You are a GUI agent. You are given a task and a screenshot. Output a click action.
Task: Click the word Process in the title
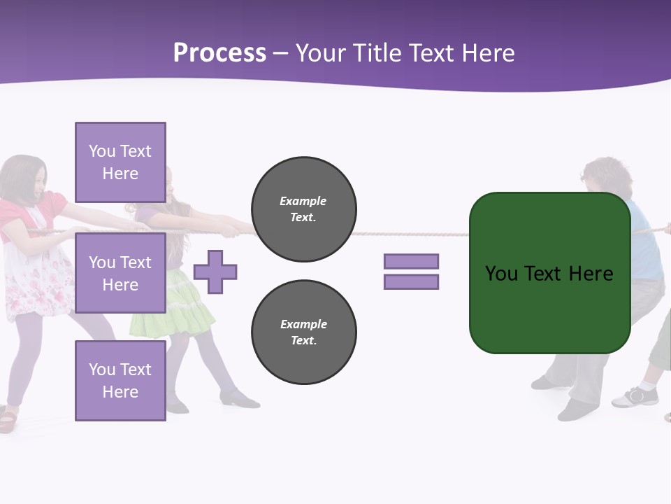pos(219,53)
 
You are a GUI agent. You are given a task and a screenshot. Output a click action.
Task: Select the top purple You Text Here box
pos(120,162)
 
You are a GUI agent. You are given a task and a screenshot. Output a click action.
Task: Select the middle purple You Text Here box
pos(120,273)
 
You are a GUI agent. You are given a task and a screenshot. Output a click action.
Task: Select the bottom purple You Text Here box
pos(120,380)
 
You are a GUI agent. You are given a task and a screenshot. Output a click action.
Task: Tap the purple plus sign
pos(215,272)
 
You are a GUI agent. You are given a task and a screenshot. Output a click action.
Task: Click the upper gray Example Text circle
pos(303,209)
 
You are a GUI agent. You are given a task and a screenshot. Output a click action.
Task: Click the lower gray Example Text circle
pos(303,332)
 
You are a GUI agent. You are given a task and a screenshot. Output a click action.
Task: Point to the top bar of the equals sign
pos(411,261)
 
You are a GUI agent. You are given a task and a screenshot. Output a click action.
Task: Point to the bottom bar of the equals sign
pos(411,282)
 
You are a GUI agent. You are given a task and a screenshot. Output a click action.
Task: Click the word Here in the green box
pos(591,274)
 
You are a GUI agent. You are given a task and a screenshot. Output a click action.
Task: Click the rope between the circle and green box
pos(412,234)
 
